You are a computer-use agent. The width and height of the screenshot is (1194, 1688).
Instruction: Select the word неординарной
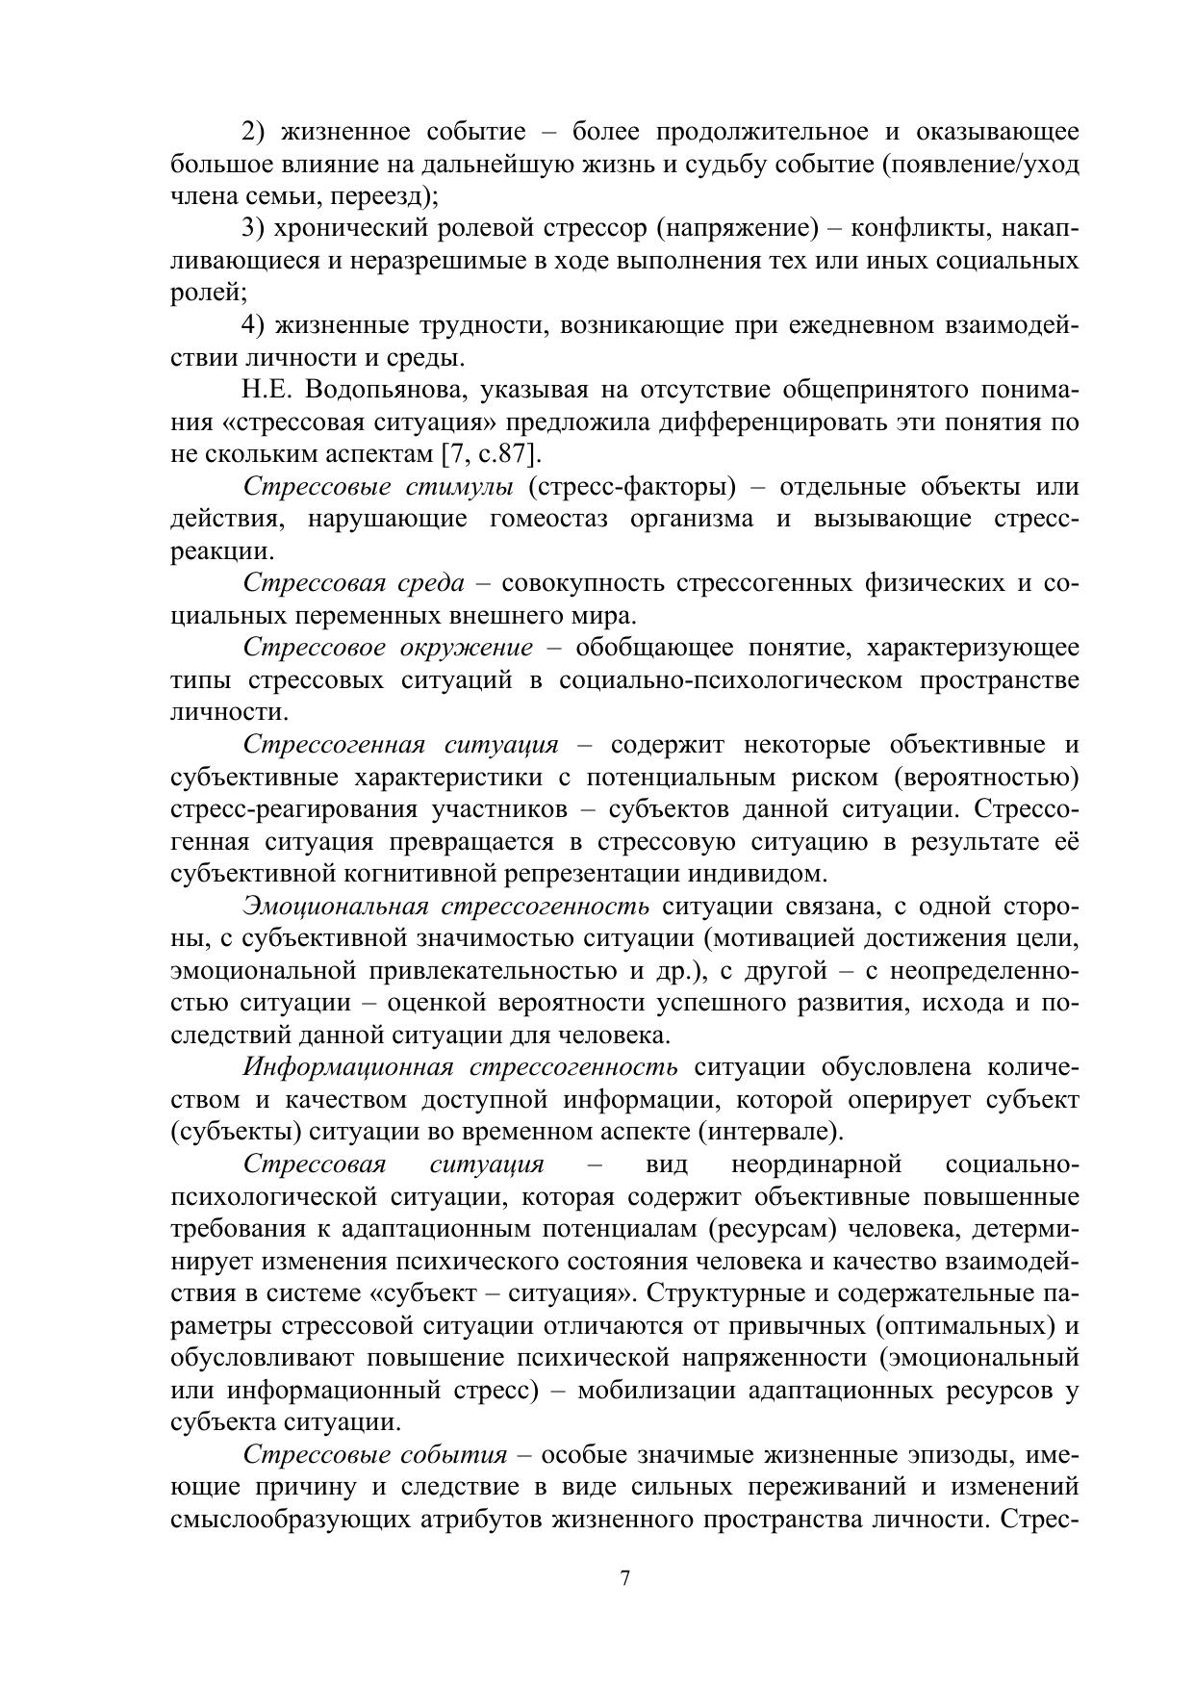click(x=816, y=1164)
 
